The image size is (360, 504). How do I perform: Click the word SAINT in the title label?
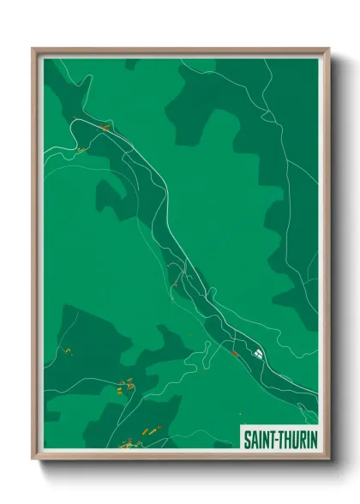pyautogui.click(x=260, y=439)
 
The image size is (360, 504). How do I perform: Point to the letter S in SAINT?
pyautogui.click(x=247, y=439)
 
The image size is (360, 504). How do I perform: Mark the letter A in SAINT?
pyautogui.click(x=254, y=439)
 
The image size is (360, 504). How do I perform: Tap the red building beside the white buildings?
pyautogui.click(x=233, y=352)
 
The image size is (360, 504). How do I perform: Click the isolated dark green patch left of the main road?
pyautogui.click(x=111, y=196)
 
